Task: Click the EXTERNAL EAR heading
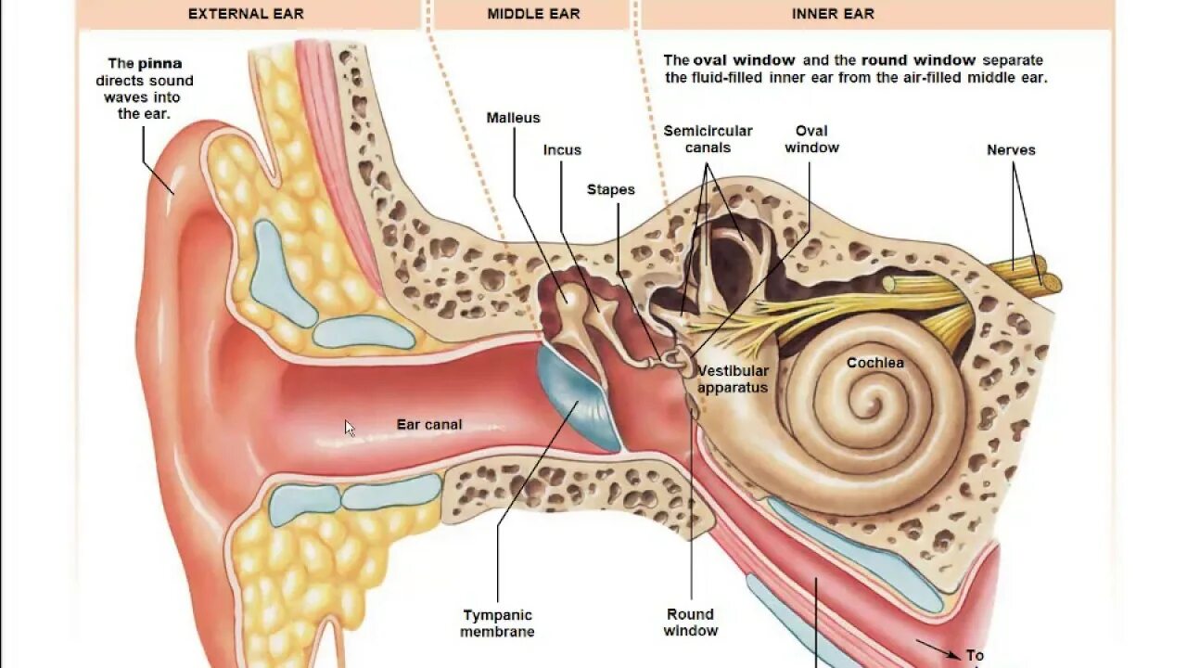(246, 14)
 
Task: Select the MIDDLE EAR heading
(533, 14)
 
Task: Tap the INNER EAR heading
(833, 14)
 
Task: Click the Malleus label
(513, 118)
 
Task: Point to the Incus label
(562, 150)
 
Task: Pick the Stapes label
(611, 189)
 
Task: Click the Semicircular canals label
(708, 139)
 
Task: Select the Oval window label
(811, 139)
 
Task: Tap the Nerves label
(1011, 150)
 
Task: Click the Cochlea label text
(874, 363)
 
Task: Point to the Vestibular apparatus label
(733, 379)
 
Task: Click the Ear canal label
(429, 425)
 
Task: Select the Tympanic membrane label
(498, 623)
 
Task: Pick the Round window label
(690, 623)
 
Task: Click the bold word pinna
(160, 64)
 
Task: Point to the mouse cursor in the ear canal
(350, 428)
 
